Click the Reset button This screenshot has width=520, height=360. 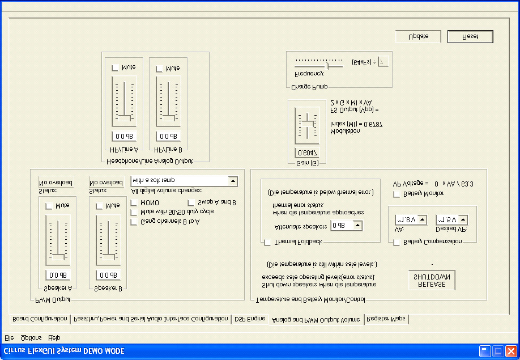tap(470, 36)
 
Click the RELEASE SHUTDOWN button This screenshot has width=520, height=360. tap(432, 280)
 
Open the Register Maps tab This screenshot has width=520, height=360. tap(386, 319)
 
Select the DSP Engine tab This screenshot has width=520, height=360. tap(250, 319)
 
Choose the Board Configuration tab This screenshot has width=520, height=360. tap(40, 319)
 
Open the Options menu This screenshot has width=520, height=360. tap(31, 338)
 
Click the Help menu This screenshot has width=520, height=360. tap(54, 338)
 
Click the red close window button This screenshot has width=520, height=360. tap(511, 351)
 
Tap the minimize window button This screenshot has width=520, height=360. tap(485, 351)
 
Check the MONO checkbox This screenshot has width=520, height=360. tap(134, 202)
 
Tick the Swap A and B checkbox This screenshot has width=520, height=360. tap(191, 202)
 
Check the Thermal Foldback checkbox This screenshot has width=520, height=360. tap(267, 242)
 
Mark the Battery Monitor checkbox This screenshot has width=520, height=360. tap(397, 194)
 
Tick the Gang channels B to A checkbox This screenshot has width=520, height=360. tap(134, 222)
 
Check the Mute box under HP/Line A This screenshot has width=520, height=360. tap(116, 68)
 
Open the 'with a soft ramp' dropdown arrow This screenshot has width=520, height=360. tap(232, 181)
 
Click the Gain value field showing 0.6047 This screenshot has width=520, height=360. tap(307, 153)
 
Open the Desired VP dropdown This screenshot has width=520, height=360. tap(463, 219)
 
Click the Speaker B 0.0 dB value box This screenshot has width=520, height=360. tap(108, 276)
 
